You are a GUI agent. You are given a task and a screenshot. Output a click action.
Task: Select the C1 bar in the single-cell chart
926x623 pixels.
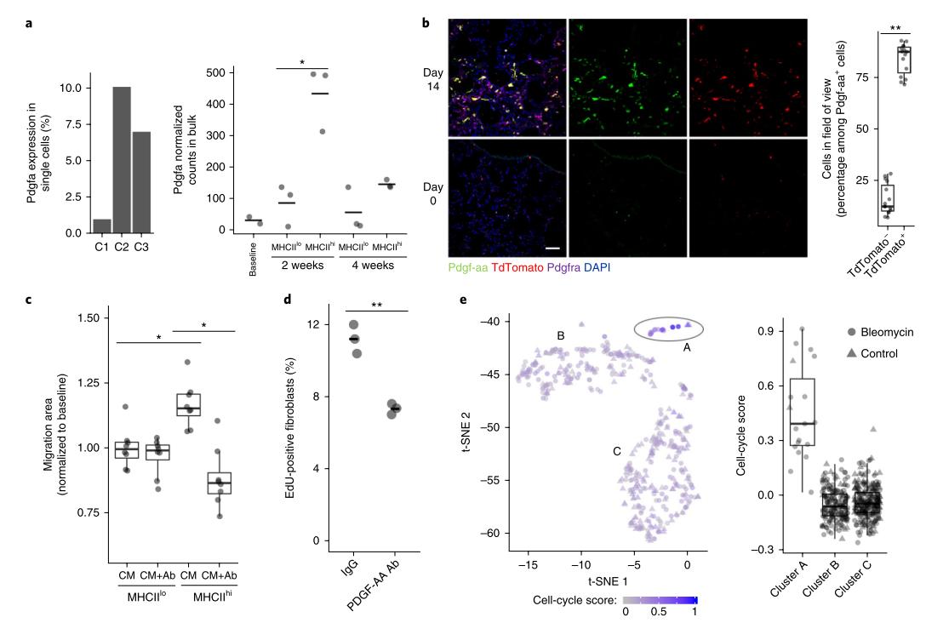coord(101,226)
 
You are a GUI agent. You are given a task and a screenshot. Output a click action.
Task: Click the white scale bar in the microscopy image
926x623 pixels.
coord(551,249)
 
